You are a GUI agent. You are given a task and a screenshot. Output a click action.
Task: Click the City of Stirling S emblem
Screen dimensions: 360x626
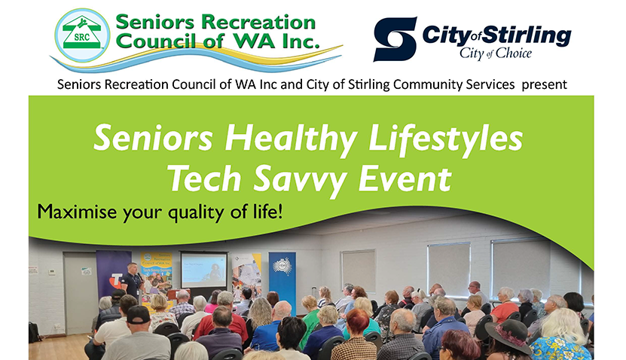pos(395,39)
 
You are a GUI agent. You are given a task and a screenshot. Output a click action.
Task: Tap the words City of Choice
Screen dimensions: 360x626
pos(496,54)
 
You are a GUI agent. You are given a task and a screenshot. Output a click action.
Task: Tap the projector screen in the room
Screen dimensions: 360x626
pos(203,270)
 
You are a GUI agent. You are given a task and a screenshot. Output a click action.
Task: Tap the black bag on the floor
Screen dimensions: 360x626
pos(35,332)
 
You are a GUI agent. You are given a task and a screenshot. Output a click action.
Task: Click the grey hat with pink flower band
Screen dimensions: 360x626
pos(507,332)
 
